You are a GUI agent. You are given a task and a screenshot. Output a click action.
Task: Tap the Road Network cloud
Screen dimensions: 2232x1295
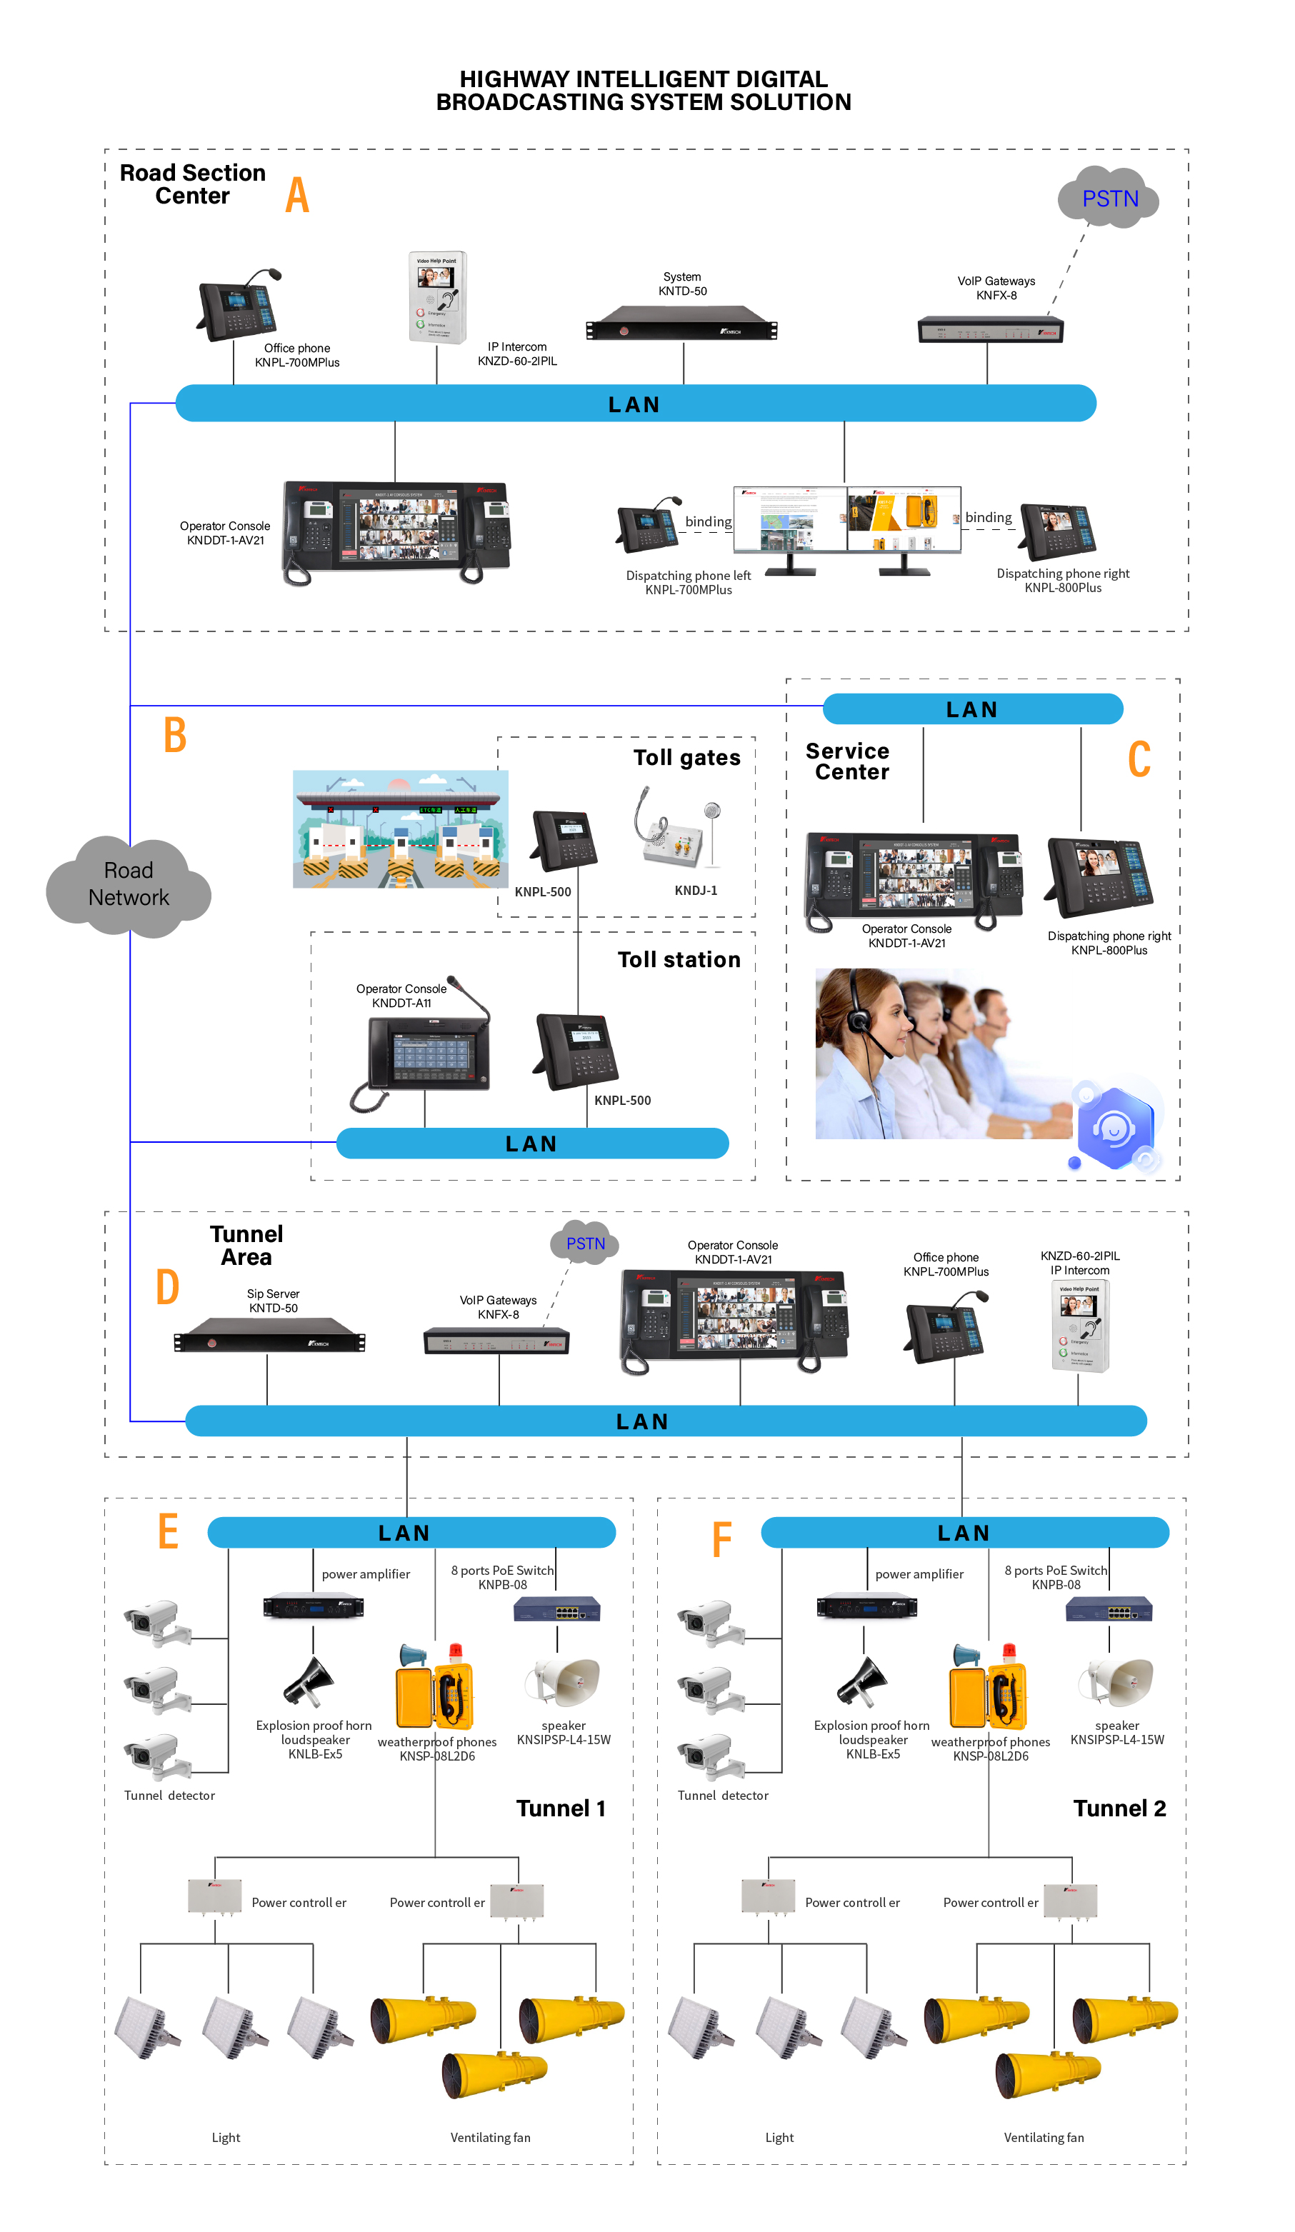coord(129,885)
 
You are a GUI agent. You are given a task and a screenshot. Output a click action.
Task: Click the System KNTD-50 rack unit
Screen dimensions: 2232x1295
coord(681,324)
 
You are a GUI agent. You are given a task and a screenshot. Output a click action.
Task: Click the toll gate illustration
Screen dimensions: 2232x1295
coord(401,829)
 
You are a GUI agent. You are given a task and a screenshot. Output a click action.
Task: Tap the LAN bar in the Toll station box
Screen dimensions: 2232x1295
coord(531,1143)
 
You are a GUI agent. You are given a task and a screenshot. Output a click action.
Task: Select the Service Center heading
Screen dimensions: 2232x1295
coord(849,761)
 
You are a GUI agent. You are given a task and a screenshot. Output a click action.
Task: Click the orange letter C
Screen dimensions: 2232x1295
coord(1139,760)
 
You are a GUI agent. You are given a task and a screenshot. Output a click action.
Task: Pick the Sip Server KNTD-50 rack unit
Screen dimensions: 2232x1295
coord(269,1340)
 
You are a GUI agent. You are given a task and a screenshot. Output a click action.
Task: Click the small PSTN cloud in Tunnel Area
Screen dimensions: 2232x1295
coord(584,1243)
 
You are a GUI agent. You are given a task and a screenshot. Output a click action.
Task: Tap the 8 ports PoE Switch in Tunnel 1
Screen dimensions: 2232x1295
coord(556,1608)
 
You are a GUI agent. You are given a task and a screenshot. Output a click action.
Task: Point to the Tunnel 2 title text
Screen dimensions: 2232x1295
coord(1119,1808)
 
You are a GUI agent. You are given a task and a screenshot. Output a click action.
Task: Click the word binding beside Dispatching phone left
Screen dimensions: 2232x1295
coord(708,521)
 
